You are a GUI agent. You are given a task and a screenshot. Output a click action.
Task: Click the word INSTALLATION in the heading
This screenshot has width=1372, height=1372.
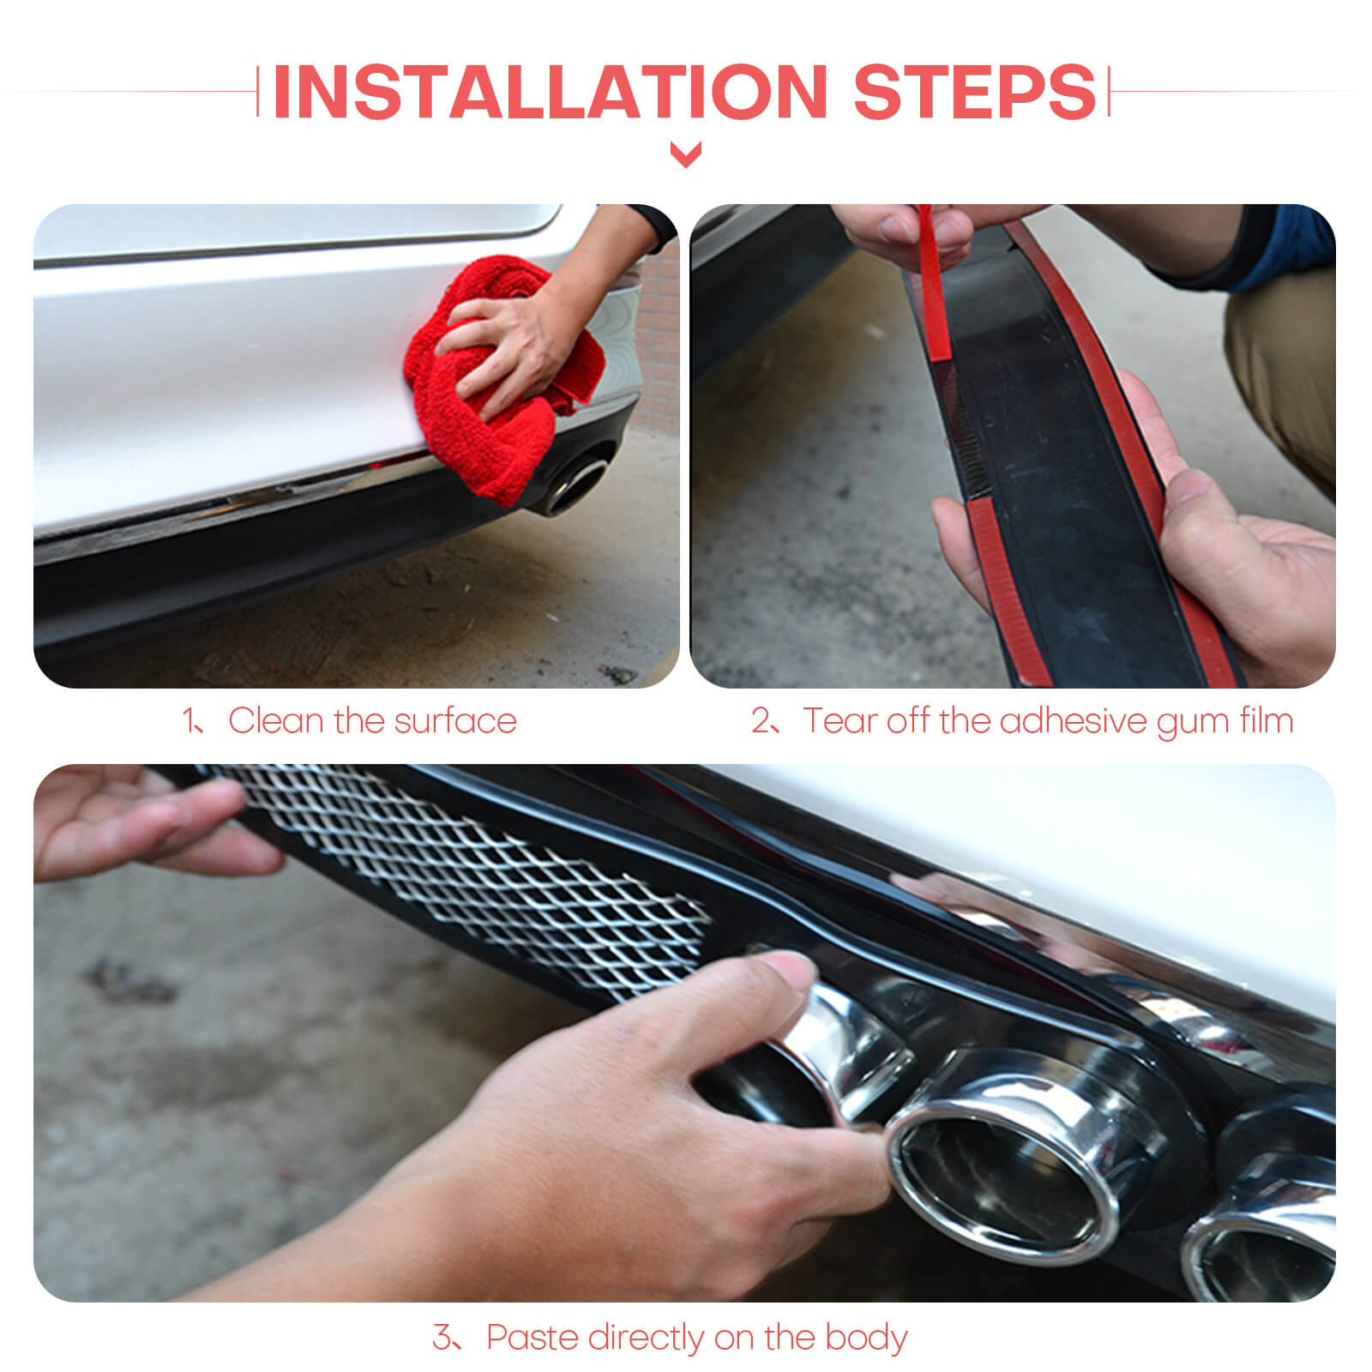click(550, 92)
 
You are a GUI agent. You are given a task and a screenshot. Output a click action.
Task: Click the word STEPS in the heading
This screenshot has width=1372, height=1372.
click(975, 92)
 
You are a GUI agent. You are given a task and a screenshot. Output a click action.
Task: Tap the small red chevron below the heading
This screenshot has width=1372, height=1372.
click(685, 155)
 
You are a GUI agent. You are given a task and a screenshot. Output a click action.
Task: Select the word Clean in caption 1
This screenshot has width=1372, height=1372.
click(275, 721)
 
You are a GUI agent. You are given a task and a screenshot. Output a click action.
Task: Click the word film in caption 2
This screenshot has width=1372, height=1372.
click(1267, 721)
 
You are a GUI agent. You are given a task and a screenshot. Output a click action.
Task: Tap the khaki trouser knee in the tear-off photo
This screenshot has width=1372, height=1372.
click(1282, 369)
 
